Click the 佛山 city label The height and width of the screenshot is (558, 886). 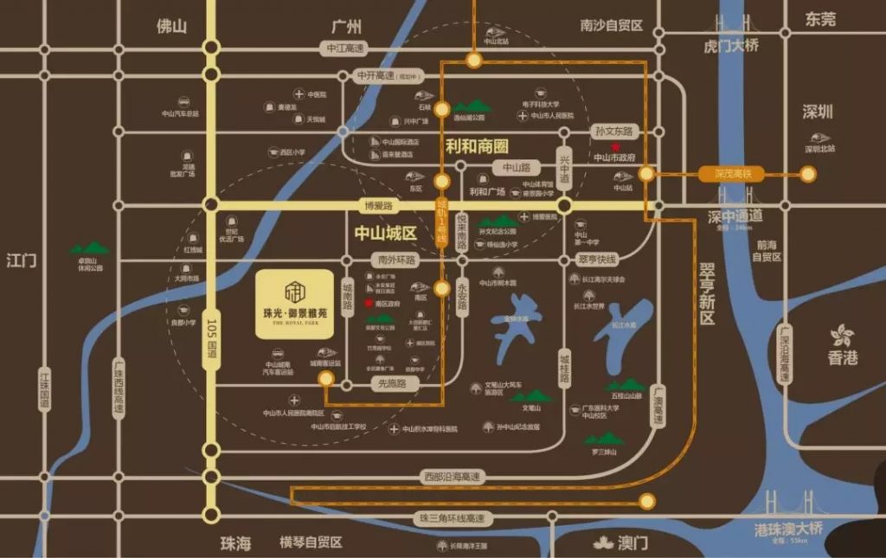(x=171, y=26)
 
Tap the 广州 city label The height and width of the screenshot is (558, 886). (x=346, y=26)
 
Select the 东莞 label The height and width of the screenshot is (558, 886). (x=820, y=19)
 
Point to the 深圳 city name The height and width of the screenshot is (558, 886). (x=817, y=112)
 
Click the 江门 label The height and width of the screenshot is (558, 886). (x=22, y=260)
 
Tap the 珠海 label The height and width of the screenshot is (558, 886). (x=235, y=543)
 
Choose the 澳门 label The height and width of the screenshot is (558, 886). (x=632, y=543)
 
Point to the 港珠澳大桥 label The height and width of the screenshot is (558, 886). (x=788, y=528)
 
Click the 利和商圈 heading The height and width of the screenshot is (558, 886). (x=477, y=147)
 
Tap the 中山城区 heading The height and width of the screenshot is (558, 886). (x=386, y=233)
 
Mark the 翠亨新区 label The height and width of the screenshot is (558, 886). (x=708, y=294)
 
